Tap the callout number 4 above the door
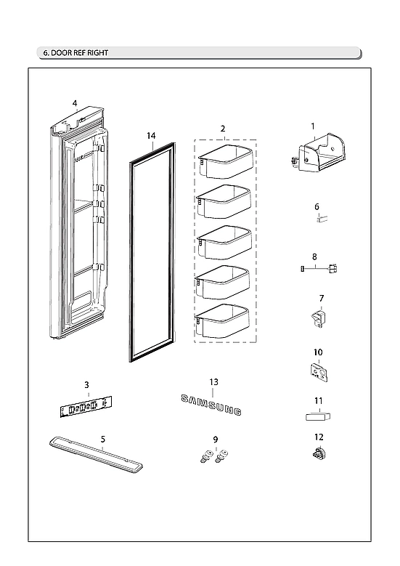(75, 104)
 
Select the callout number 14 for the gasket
(150, 136)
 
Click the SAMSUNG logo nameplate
(211, 405)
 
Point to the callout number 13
(213, 381)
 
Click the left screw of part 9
(205, 456)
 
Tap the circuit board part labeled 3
(86, 408)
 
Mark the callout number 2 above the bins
(222, 128)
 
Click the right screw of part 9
(221, 456)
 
